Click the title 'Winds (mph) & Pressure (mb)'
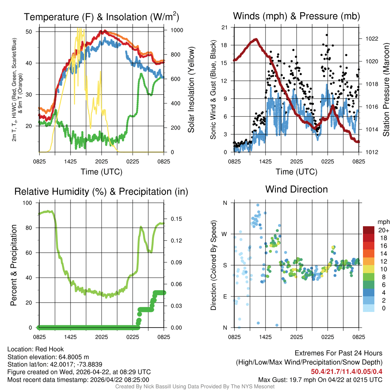pyautogui.click(x=296, y=16)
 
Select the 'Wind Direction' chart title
pyautogui.click(x=296, y=189)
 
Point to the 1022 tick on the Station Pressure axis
pyautogui.click(x=371, y=39)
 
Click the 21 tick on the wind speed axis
pyautogui.click(x=224, y=27)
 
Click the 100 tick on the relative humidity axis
pyautogui.click(x=29, y=203)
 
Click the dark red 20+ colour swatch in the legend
pyautogui.click(x=368, y=230)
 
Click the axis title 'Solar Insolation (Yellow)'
pyautogui.click(x=191, y=90)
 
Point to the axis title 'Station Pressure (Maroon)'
pyautogui.click(x=386, y=90)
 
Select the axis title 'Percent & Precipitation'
pyautogui.click(x=14, y=265)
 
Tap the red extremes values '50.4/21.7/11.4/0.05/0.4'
pyautogui.click(x=347, y=372)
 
